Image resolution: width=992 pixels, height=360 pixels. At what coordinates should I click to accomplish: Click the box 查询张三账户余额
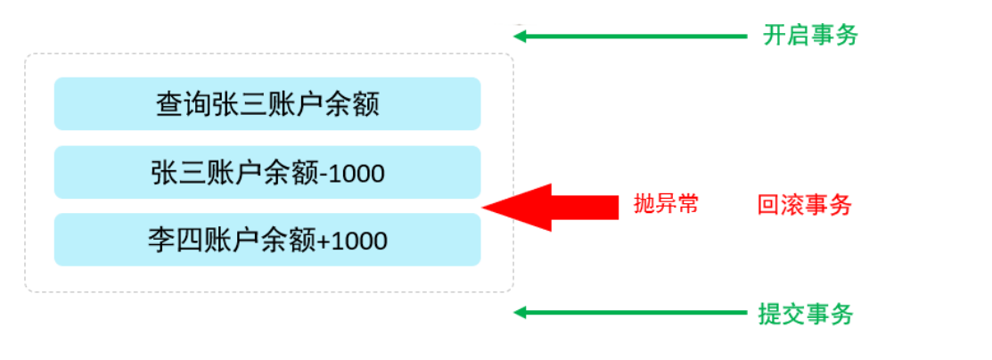point(267,104)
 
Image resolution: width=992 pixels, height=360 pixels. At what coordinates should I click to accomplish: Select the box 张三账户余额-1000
point(267,172)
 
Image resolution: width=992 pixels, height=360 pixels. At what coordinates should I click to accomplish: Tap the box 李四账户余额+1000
point(267,240)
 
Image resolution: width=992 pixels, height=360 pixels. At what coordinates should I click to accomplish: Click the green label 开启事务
point(810,36)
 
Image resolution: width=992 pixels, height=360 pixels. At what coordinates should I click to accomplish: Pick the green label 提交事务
point(806,314)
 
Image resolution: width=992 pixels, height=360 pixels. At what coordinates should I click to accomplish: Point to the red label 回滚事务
point(804,206)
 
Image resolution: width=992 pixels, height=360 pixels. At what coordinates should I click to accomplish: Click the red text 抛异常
point(665,204)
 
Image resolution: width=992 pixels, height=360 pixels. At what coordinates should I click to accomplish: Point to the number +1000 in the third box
point(352,241)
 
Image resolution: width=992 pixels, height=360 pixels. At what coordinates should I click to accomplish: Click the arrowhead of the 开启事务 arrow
point(521,37)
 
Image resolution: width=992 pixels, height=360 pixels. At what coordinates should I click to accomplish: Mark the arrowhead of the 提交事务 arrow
point(521,313)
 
